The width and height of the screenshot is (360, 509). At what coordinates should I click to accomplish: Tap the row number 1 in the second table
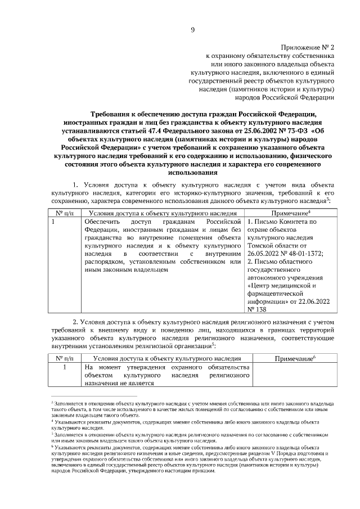[x=65, y=367]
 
